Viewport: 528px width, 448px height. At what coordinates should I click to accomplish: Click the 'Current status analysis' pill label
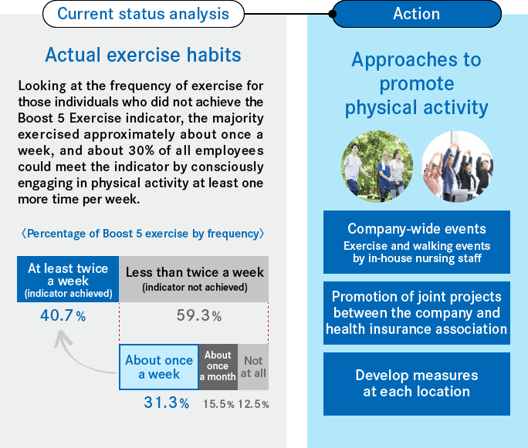click(143, 14)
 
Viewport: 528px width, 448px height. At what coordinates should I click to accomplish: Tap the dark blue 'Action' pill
click(417, 14)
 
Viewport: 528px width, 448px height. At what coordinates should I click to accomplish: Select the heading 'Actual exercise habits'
click(143, 55)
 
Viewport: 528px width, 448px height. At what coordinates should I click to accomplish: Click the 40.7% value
click(63, 315)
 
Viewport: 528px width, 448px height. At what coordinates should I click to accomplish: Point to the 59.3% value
click(199, 315)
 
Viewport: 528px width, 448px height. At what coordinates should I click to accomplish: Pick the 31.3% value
click(166, 403)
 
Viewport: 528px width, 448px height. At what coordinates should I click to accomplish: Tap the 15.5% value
click(218, 404)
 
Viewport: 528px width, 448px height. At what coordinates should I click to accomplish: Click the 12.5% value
click(253, 404)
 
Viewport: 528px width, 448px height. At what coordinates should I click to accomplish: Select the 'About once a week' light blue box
click(159, 367)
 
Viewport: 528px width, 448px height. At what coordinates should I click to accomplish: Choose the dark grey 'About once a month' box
click(218, 367)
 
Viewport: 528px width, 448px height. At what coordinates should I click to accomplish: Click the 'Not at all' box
click(253, 367)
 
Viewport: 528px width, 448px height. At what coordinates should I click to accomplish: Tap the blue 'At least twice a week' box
click(68, 279)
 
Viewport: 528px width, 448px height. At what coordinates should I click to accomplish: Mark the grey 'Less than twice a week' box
click(194, 279)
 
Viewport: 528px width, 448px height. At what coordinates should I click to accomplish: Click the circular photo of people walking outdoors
click(377, 167)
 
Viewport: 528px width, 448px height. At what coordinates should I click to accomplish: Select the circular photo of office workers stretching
click(457, 167)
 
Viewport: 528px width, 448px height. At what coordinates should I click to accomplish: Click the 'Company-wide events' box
click(417, 242)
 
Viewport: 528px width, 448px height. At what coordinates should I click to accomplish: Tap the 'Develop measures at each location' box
click(417, 384)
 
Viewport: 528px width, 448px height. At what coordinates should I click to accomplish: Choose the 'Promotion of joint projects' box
click(417, 313)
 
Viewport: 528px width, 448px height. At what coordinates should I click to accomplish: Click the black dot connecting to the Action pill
click(333, 14)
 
